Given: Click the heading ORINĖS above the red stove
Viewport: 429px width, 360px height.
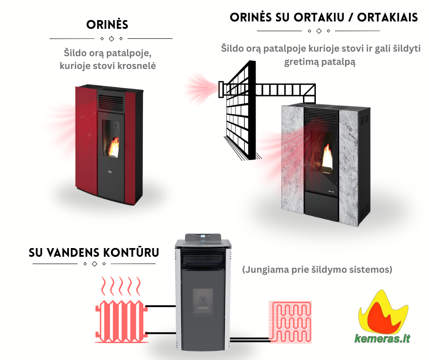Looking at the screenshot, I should click(x=107, y=25).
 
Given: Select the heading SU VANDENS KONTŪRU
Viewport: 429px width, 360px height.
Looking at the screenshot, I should click(x=94, y=252).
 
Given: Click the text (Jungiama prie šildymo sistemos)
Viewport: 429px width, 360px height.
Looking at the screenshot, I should click(x=317, y=270).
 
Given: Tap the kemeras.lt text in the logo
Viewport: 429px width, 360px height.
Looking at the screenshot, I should click(x=382, y=339).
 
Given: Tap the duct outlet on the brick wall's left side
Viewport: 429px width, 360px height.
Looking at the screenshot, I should click(x=221, y=89).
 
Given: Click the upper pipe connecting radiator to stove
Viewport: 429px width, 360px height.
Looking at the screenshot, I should click(x=161, y=307).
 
